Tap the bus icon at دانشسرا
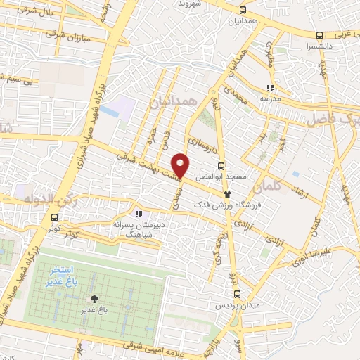(320, 35)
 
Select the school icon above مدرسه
(270, 89)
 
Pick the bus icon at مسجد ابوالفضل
(221, 167)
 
